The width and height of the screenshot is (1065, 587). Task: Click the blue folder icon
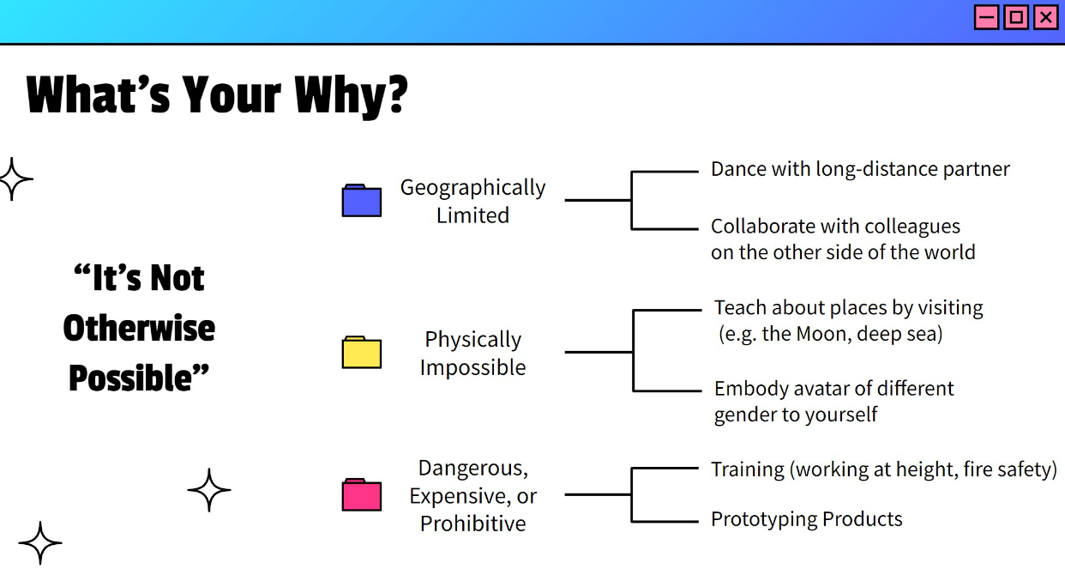click(361, 200)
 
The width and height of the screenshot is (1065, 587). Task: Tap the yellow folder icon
click(361, 352)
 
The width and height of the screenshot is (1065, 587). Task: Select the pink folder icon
click(361, 494)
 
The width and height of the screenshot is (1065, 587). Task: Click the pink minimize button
click(987, 18)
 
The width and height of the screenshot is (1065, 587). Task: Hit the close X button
click(1046, 18)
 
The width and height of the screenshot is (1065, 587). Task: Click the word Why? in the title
click(351, 95)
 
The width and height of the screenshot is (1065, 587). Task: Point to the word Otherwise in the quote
click(139, 328)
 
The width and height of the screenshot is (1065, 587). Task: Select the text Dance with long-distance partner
click(860, 169)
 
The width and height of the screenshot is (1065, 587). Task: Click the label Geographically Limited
click(472, 201)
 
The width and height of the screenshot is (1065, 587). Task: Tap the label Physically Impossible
click(472, 353)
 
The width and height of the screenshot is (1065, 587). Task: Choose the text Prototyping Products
click(806, 519)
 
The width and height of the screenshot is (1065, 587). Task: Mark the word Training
click(748, 470)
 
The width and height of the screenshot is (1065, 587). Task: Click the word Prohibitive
click(472, 523)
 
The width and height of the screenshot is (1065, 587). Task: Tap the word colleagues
click(912, 227)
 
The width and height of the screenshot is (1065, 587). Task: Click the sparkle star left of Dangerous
click(208, 490)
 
